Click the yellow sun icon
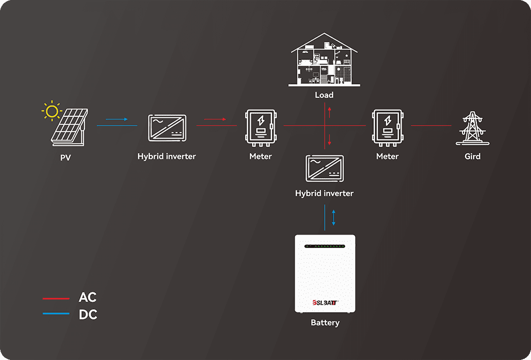coord(52,111)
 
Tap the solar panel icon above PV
coord(70,127)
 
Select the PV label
coord(65,158)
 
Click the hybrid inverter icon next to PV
coord(167,128)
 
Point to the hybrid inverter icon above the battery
coord(325,169)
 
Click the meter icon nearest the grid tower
coord(388,128)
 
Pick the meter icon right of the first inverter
coord(261,128)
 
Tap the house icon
coord(324,59)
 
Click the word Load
coord(324,95)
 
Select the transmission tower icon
coord(473,128)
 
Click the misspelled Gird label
coord(473,157)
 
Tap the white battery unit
coord(325,273)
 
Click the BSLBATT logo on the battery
coord(325,303)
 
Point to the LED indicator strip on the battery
coord(325,246)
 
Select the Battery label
coord(325,323)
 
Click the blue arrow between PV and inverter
coord(117,119)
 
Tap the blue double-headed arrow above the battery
coord(333,218)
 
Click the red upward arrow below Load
coord(329,112)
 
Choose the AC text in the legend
coord(88,297)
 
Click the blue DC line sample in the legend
coord(56,314)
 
